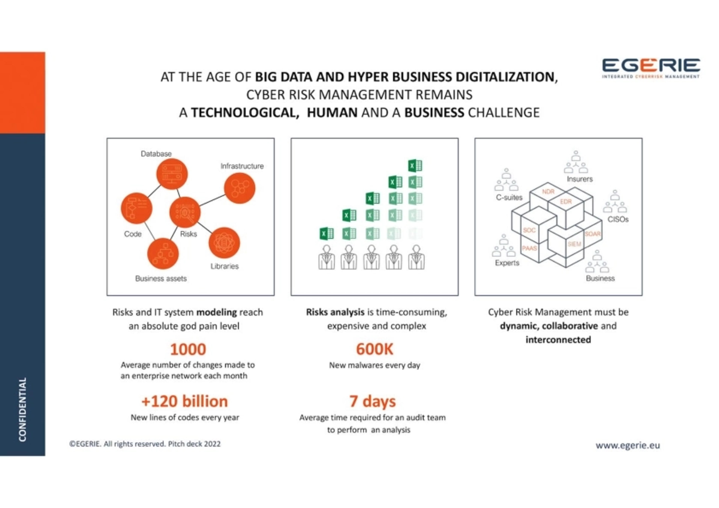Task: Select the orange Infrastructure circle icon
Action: point(239,188)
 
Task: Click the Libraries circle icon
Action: point(224,243)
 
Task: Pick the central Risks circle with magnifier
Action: point(185,212)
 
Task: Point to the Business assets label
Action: point(161,279)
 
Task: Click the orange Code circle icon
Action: point(136,208)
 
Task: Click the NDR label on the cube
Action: point(548,192)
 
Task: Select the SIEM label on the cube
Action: point(574,244)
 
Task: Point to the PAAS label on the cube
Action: point(529,248)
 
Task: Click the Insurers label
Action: point(580,179)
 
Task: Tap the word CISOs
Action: point(618,219)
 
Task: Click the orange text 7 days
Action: point(373,402)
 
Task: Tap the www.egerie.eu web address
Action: point(628,445)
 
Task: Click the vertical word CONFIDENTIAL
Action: point(22,410)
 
